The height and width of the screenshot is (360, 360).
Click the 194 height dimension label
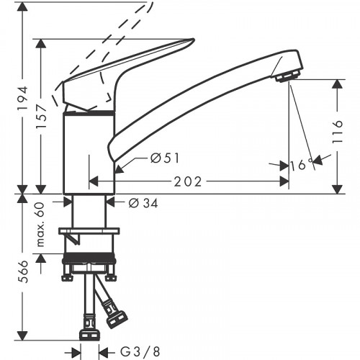coord(24,98)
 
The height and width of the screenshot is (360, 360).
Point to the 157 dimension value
coord(41,117)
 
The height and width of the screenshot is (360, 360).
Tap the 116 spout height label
coord(338,132)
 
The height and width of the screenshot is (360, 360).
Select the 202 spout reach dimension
coord(188,181)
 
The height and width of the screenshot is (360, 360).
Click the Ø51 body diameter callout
coord(165,158)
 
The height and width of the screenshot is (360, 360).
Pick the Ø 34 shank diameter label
coord(143,203)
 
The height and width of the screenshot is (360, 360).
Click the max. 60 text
coord(41,225)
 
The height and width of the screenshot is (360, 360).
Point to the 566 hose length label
coord(24,271)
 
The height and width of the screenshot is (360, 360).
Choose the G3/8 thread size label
coord(140,352)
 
